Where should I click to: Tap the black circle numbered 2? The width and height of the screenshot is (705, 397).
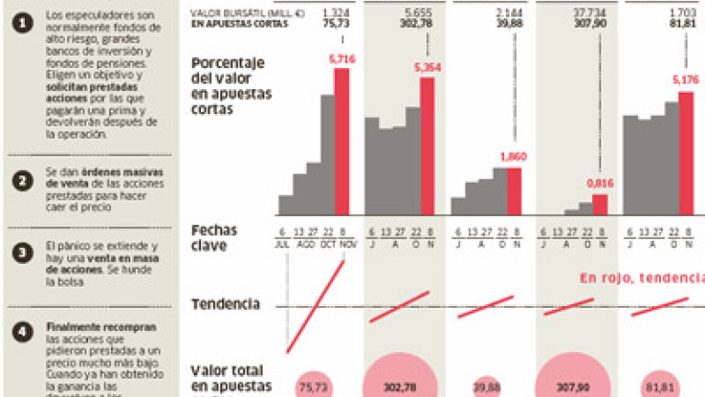tap(18, 181)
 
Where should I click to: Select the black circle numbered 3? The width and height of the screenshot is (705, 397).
tap(18, 253)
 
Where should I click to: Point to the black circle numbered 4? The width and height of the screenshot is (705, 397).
tap(18, 332)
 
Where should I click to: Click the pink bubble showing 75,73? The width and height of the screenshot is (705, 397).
tap(312, 386)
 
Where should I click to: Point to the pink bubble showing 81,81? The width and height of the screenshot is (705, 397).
tap(657, 387)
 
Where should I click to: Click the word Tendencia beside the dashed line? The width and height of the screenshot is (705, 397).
tap(226, 304)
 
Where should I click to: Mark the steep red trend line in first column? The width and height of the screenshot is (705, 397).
tap(317, 306)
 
